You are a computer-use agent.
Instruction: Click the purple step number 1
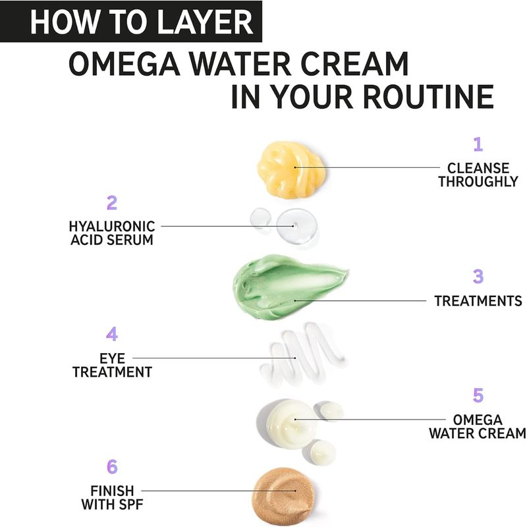(x=478, y=144)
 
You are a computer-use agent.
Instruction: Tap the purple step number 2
(x=112, y=203)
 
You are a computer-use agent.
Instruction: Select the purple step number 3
(x=478, y=277)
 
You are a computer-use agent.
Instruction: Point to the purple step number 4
(x=112, y=334)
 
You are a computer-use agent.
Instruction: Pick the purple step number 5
(x=478, y=395)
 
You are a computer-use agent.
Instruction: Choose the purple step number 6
(x=112, y=466)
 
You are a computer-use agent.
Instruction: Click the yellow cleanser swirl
(x=291, y=169)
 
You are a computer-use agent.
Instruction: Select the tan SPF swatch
(x=284, y=496)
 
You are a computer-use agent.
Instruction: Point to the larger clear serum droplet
(x=297, y=225)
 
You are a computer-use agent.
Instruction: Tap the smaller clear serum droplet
(x=261, y=217)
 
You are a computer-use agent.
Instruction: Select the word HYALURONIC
(x=112, y=227)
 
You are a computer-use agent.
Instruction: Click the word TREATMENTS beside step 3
(x=478, y=301)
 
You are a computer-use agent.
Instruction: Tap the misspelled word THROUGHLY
(x=478, y=182)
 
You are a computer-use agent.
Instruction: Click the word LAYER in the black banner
(x=205, y=22)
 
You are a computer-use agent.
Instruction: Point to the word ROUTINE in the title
(x=428, y=97)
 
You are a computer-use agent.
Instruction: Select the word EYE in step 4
(x=112, y=358)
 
